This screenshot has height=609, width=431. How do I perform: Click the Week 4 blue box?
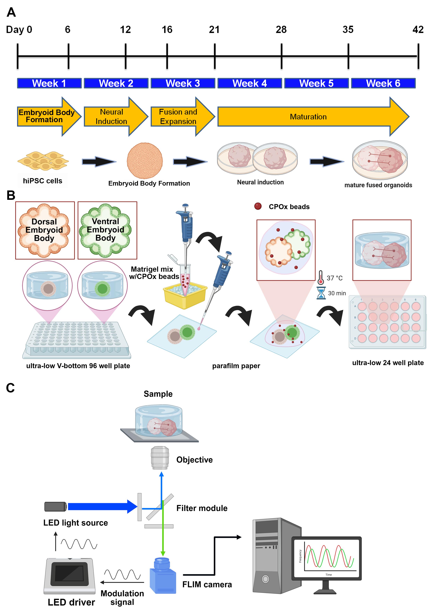(x=249, y=83)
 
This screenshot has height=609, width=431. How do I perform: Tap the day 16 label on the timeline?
(x=167, y=30)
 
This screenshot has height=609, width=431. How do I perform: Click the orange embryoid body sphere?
(x=145, y=161)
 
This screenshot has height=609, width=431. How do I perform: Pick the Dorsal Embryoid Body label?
(x=44, y=230)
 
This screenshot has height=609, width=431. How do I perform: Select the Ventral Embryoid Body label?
(x=106, y=230)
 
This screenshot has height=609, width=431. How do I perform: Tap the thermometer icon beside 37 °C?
(x=320, y=277)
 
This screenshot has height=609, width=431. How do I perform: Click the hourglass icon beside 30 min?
(x=321, y=293)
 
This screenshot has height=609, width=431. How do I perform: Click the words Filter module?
(x=202, y=508)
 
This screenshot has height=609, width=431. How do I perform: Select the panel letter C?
(x=10, y=388)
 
